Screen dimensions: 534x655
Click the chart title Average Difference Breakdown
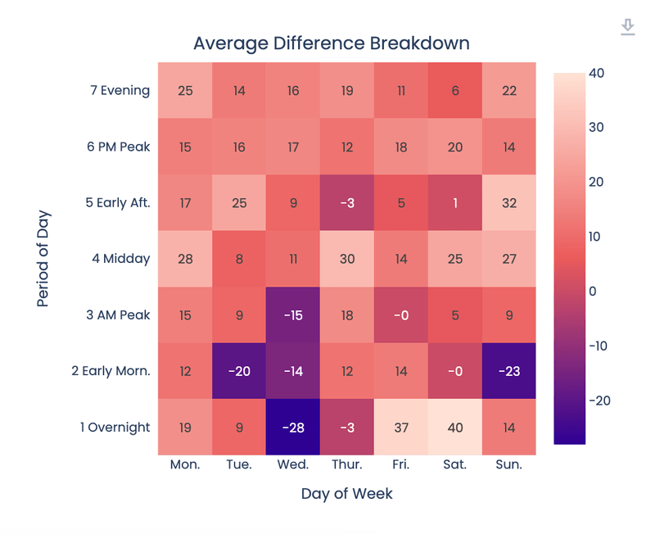[332, 43]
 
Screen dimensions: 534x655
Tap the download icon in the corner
[627, 27]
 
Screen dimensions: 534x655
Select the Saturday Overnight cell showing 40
[455, 427]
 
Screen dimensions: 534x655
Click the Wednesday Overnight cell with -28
[293, 427]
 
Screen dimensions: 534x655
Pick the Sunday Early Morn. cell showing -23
[509, 371]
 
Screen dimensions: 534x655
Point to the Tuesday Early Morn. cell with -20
[239, 371]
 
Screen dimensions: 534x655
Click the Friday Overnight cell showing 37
[401, 427]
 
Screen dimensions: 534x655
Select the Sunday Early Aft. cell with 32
[509, 202]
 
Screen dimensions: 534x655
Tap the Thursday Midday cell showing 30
[347, 259]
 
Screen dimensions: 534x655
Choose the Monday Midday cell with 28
[185, 259]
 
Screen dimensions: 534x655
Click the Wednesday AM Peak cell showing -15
[293, 315]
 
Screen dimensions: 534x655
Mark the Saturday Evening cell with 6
[455, 90]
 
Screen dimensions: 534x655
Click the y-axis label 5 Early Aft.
[118, 202]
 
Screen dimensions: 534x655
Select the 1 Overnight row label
[111, 427]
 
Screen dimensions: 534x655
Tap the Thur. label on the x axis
[347, 464]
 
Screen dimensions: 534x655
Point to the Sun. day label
[509, 464]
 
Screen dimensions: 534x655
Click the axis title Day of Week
[346, 493]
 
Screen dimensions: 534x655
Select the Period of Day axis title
[43, 258]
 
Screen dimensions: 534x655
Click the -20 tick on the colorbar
[599, 400]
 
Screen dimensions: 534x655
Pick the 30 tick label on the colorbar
[596, 128]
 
